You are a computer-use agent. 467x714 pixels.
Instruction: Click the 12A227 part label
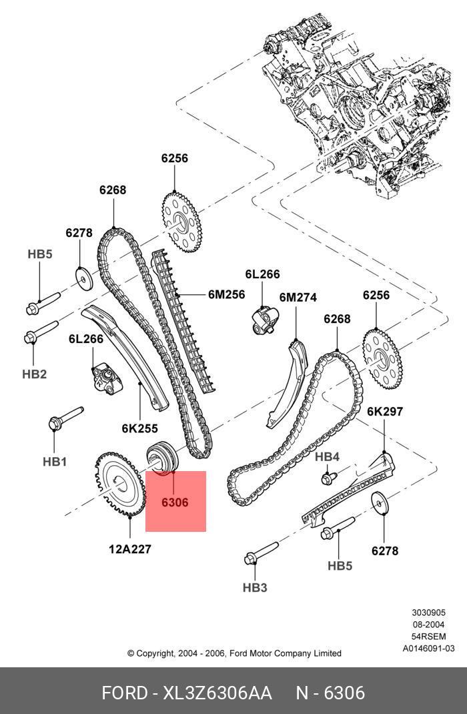129,549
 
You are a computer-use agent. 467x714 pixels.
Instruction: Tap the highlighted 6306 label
175,502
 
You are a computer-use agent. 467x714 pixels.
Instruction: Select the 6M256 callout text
227,295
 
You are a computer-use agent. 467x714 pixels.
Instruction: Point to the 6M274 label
298,298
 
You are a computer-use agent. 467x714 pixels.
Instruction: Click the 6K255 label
139,428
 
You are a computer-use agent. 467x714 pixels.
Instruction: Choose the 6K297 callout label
385,412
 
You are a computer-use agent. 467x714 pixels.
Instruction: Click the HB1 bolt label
55,462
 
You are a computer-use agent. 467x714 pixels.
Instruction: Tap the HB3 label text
255,588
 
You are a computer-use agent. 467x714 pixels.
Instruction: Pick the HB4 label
328,456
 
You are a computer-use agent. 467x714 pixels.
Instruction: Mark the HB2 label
35,374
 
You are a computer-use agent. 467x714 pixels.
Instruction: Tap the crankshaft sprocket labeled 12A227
120,485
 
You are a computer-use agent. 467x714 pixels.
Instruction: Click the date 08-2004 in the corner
428,625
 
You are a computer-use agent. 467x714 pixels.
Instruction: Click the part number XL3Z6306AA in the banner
217,693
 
